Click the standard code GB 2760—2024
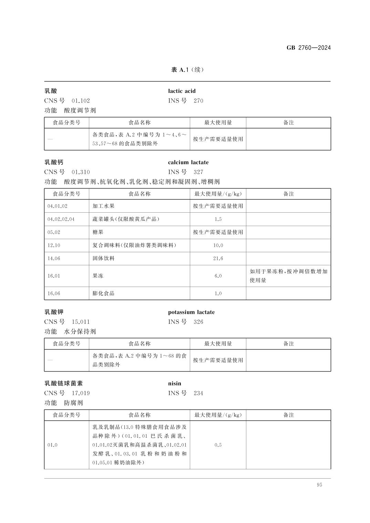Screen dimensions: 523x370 (x=308, y=48)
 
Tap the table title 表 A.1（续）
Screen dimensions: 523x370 (x=187, y=70)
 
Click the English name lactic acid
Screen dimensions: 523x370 (x=182, y=91)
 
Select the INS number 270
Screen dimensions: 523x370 (x=198, y=101)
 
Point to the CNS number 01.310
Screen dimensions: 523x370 (x=81, y=172)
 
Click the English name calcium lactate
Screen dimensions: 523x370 (x=188, y=162)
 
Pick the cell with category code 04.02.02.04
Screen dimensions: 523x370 (x=61, y=219)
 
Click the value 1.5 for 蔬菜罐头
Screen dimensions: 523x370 (x=218, y=219)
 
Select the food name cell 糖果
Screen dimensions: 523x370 (x=98, y=232)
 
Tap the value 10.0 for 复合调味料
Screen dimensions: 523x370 (x=218, y=245)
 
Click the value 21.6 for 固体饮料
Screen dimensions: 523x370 (x=218, y=258)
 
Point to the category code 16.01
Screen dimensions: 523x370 (x=54, y=276)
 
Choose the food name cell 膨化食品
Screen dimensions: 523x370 (x=103, y=293)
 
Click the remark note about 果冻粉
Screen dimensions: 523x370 (x=288, y=276)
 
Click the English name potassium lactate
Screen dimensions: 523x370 (x=191, y=312)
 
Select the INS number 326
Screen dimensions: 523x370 (x=198, y=322)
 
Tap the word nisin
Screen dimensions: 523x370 (x=174, y=384)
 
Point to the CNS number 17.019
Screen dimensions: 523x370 (x=81, y=393)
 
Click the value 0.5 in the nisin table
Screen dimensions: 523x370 (x=218, y=445)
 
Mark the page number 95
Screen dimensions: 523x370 (x=319, y=485)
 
